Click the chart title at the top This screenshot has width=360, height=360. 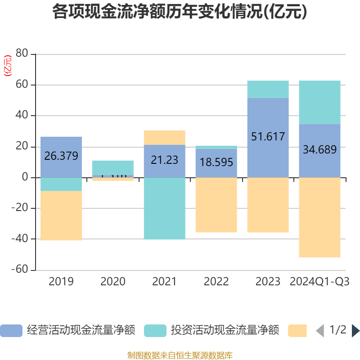(180, 12)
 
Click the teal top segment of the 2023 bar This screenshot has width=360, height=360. (268, 89)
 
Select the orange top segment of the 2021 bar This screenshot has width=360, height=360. (164, 137)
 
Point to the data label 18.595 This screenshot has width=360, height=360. (216, 162)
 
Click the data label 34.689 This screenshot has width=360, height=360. (319, 150)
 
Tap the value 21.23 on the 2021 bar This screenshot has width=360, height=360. (164, 160)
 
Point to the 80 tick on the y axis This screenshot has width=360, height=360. (22, 54)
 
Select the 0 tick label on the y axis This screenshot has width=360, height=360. (25, 177)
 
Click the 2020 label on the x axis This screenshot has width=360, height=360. (112, 282)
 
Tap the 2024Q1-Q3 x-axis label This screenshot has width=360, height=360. (319, 282)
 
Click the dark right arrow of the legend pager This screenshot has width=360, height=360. (355, 331)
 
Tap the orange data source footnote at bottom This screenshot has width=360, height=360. (180, 355)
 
